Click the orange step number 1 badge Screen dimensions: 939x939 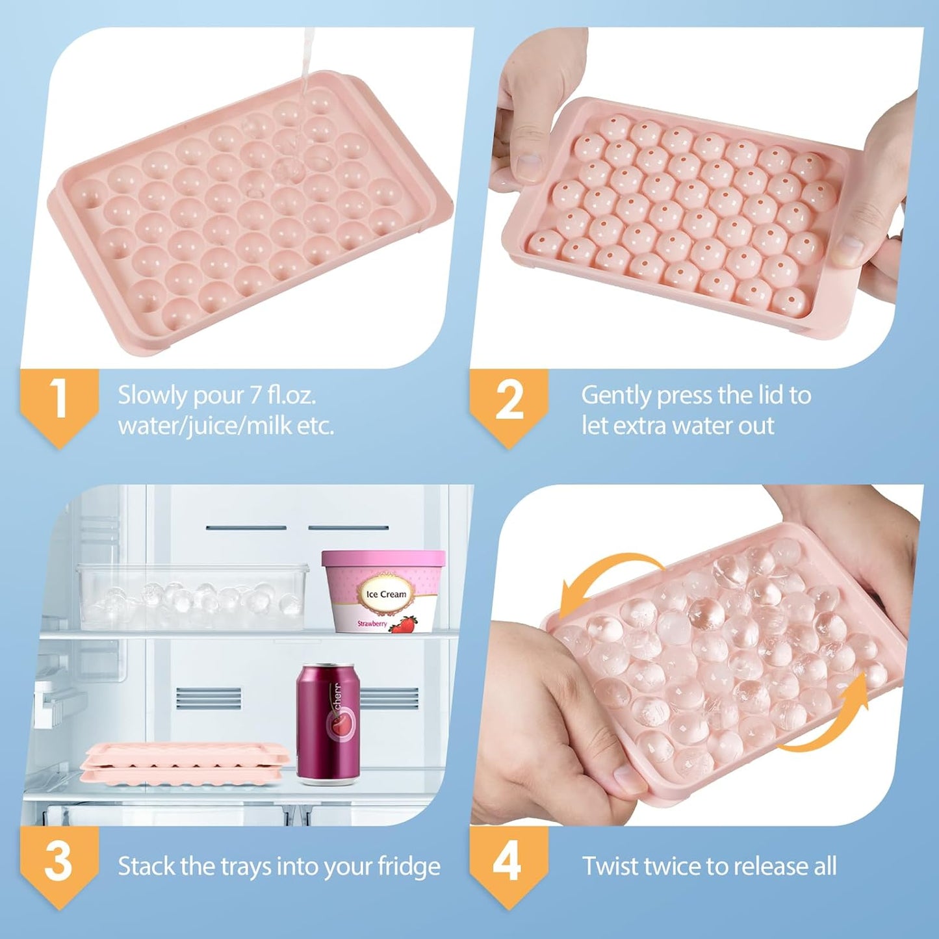tap(59, 403)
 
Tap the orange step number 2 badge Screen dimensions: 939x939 tap(509, 403)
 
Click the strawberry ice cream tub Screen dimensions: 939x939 tap(383, 592)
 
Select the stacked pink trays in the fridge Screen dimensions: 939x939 tap(185, 764)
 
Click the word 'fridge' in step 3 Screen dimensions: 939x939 tap(409, 867)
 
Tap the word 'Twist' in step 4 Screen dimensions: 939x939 tap(608, 866)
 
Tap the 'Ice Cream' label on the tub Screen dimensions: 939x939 tap(386, 594)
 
